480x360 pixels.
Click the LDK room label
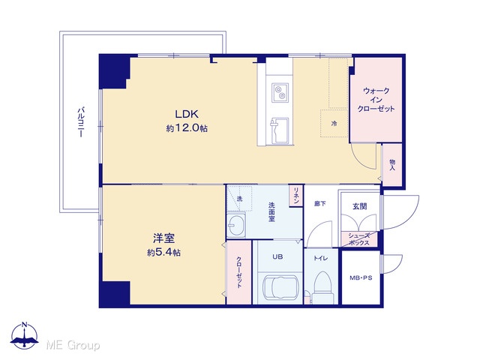187,114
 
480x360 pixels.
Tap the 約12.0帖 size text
187,128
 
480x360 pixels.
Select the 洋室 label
163,238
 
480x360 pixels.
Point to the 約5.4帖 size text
163,253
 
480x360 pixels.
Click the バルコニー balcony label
81,121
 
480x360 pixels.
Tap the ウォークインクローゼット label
376,100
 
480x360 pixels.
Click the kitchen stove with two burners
280,93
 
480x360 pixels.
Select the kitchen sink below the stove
279,130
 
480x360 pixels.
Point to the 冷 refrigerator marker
334,124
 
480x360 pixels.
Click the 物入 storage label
392,165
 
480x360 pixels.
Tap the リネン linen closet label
296,195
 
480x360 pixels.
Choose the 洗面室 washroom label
271,211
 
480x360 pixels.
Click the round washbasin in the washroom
236,225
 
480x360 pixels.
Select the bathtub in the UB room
280,288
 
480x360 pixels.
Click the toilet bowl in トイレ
323,283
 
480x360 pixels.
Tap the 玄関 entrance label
360,206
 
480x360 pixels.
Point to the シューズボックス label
359,239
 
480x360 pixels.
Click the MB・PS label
361,278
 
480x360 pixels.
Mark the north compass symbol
25,335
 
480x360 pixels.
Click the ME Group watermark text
73,345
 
